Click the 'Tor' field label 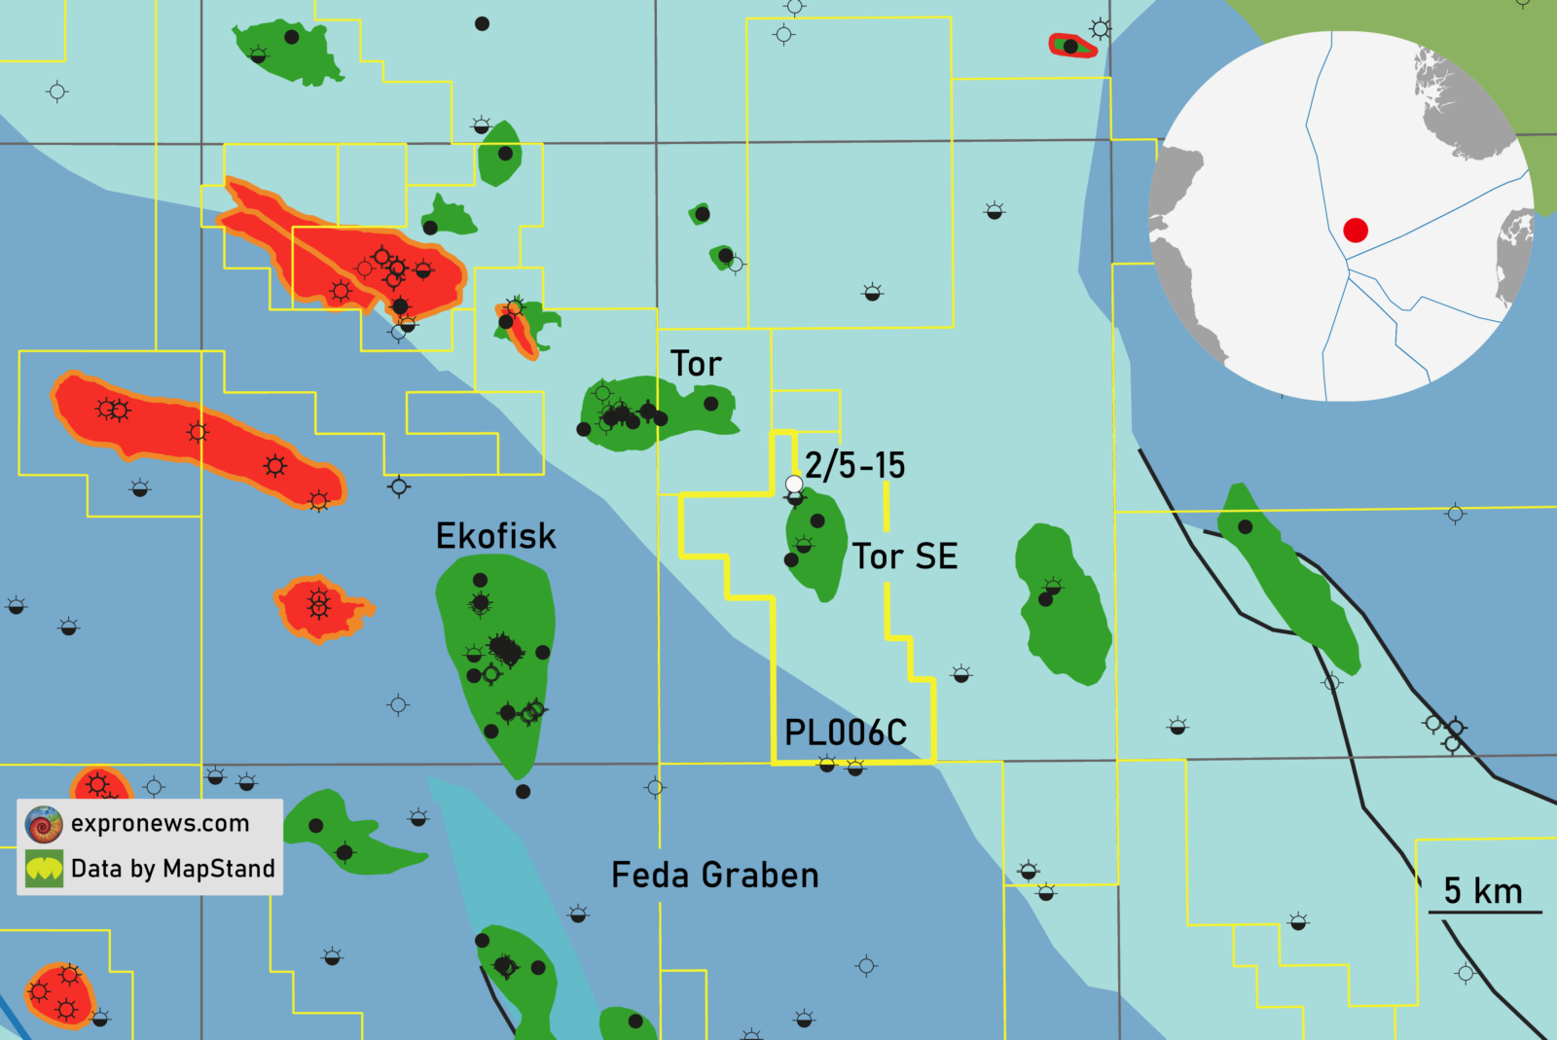[696, 364]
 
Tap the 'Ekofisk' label [495, 536]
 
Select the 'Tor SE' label [905, 556]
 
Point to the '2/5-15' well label [855, 465]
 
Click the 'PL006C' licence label [846, 733]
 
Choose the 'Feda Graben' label [714, 876]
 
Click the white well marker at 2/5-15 [794, 484]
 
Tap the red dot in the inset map [1356, 230]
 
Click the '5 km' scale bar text [1483, 890]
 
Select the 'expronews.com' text [161, 823]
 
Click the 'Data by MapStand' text [173, 868]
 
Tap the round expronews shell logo [44, 824]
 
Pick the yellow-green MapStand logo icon [44, 869]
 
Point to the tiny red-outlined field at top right [1072, 46]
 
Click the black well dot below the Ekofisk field [523, 791]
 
